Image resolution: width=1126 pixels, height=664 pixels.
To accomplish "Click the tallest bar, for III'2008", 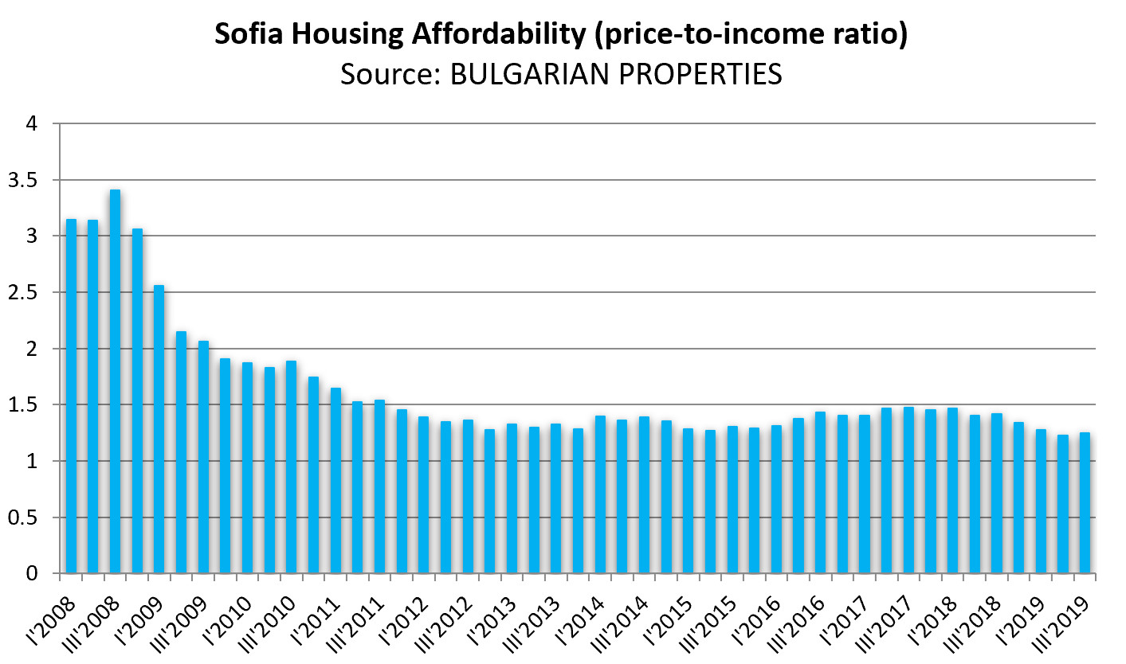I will [x=115, y=382].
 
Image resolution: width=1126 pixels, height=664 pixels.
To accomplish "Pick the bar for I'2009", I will [x=159, y=429].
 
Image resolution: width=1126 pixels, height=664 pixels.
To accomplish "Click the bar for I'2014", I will [x=600, y=494].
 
